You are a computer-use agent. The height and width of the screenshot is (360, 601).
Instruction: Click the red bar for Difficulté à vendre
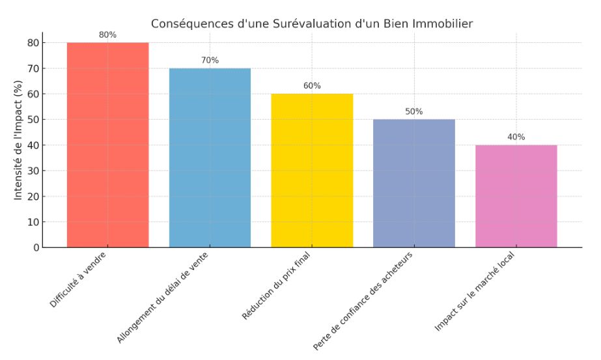[107, 145]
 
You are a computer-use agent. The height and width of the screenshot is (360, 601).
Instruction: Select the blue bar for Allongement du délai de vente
[210, 158]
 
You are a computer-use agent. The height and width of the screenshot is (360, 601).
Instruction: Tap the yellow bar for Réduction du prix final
[312, 171]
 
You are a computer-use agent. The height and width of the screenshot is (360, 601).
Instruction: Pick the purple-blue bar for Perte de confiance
[414, 183]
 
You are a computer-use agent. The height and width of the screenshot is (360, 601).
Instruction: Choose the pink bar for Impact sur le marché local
[516, 196]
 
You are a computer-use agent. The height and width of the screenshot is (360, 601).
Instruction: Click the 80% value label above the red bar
[107, 35]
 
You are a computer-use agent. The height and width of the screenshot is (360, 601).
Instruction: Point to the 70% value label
[210, 61]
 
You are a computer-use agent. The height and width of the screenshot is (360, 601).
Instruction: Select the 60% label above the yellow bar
[312, 86]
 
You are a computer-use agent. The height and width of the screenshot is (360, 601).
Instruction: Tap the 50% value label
[414, 111]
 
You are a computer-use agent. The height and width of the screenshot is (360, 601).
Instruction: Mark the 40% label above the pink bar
[516, 137]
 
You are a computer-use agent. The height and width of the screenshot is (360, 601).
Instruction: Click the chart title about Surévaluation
[312, 24]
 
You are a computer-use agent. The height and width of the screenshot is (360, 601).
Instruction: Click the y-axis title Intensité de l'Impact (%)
[18, 139]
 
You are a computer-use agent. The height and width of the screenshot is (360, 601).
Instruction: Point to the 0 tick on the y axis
[36, 247]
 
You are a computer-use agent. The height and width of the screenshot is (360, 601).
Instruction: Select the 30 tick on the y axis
[33, 171]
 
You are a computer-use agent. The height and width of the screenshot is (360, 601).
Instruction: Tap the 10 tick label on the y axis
[33, 222]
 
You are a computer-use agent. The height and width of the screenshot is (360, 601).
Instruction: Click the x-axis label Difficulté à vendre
[79, 280]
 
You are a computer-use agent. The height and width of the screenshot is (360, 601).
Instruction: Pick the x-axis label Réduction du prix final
[277, 284]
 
